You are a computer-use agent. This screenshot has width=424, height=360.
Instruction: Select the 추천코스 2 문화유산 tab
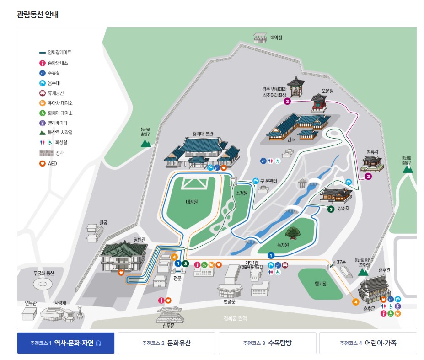pyautogui.click(x=166, y=343)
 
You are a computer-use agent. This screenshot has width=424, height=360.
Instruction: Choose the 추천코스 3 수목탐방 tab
pyautogui.click(x=267, y=343)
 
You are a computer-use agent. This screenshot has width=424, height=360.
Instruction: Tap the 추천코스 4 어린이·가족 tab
pyautogui.click(x=368, y=343)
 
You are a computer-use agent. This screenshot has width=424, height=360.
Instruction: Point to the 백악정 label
pyautogui.click(x=276, y=38)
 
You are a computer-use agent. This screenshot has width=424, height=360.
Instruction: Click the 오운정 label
pyautogui.click(x=328, y=91)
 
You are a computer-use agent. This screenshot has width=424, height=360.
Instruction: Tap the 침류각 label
pyautogui.click(x=373, y=151)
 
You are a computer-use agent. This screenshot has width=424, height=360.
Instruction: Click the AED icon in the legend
pyautogui.click(x=43, y=163)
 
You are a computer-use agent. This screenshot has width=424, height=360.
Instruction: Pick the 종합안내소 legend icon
pyautogui.click(x=43, y=63)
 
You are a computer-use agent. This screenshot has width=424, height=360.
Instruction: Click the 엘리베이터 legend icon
pyautogui.click(x=43, y=123)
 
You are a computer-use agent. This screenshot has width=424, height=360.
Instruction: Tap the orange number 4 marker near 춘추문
pyautogui.click(x=355, y=301)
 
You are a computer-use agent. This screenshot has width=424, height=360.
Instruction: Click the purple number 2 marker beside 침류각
pyautogui.click(x=368, y=176)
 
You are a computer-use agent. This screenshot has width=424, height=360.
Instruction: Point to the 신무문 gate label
pyautogui.click(x=169, y=325)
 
